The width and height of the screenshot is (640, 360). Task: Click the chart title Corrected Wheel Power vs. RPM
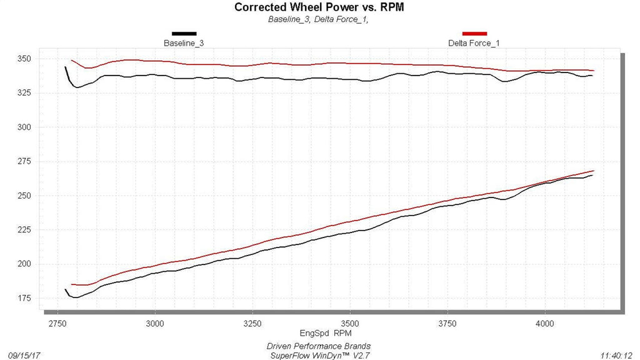[x=319, y=7]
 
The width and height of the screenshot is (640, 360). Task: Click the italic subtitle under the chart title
[x=318, y=19]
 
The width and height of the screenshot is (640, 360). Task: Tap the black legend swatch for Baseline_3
[x=184, y=34]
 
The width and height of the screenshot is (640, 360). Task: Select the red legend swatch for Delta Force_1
[x=474, y=34]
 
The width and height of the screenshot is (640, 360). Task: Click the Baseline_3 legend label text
[x=184, y=43]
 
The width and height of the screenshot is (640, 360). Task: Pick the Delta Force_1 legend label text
[x=474, y=43]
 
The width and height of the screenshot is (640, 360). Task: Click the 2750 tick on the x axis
[x=57, y=324]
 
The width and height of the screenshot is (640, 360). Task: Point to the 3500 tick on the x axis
[x=350, y=324]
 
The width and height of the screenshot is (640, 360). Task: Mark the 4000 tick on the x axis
[x=545, y=324]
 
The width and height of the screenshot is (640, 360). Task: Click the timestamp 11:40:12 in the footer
[x=616, y=356]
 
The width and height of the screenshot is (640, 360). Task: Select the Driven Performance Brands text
[x=319, y=346]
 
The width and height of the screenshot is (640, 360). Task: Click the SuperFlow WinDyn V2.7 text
[x=320, y=356]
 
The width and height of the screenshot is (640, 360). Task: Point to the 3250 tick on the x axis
[x=252, y=324]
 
